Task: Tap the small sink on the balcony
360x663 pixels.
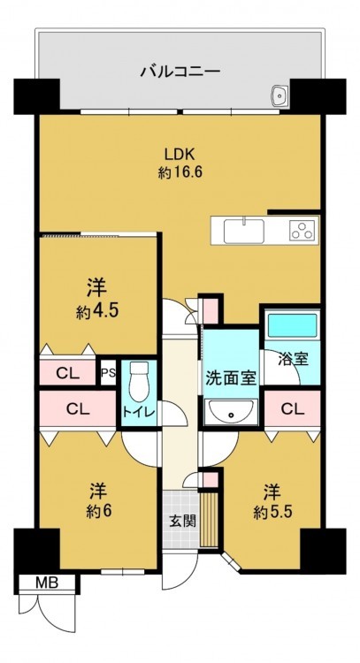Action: click(x=280, y=95)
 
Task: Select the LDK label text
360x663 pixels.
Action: click(x=180, y=155)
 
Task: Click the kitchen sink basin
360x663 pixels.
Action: click(x=244, y=232)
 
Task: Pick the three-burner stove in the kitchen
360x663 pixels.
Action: click(x=303, y=231)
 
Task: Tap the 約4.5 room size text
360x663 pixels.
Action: click(x=97, y=312)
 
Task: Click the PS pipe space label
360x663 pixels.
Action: click(x=108, y=373)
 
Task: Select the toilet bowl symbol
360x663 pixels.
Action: click(x=138, y=381)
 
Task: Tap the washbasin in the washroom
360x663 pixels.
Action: click(x=231, y=410)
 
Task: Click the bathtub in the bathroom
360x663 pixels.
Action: click(x=293, y=325)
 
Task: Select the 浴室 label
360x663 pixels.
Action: click(x=293, y=360)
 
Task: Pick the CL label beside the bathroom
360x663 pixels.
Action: click(x=293, y=408)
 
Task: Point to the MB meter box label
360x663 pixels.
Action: click(x=47, y=583)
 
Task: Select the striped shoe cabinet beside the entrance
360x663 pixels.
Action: click(x=209, y=518)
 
